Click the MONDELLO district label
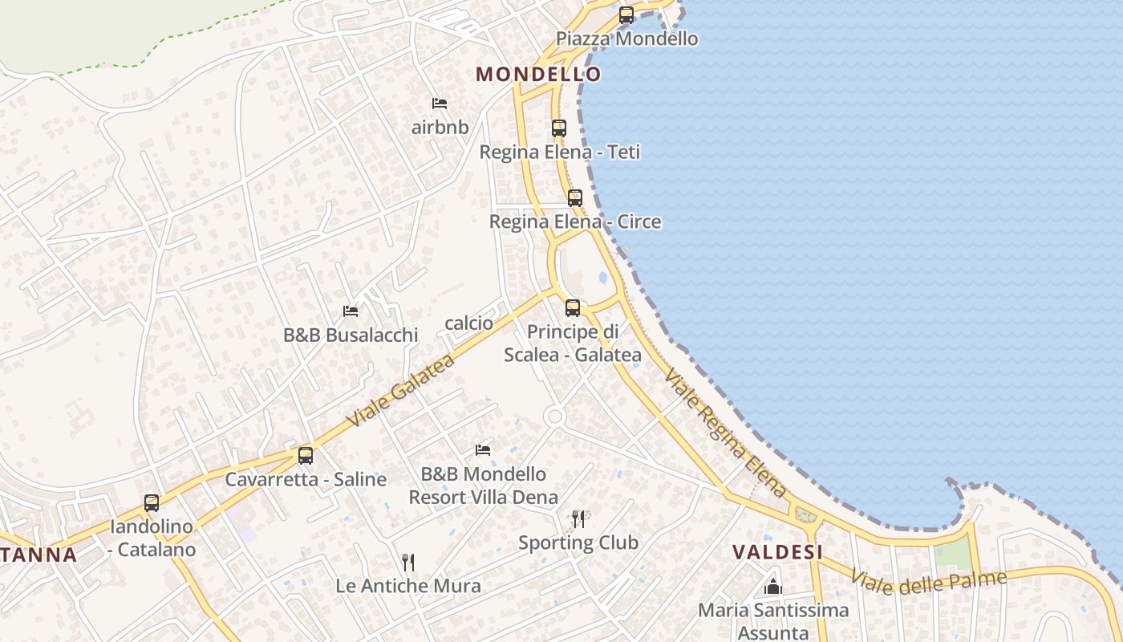pos(538,75)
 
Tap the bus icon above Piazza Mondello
pos(626,14)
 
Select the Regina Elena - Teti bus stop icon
pos(559,128)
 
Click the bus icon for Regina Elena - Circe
pos(575,197)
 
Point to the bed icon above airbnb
pos(440,103)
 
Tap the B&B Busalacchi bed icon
pos(351,311)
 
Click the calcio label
pos(468,323)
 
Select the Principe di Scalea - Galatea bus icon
pos(573,307)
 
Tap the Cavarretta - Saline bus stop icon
pos(306,455)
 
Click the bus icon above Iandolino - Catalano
pos(152,503)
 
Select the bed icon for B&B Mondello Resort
pos(483,449)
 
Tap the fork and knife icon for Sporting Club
pos(578,519)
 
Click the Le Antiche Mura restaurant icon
pos(408,562)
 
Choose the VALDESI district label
pos(778,552)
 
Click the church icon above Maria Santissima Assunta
pos(773,587)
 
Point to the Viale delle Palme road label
pos(928,581)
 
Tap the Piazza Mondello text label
pos(627,39)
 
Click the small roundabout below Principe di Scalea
pos(553,416)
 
